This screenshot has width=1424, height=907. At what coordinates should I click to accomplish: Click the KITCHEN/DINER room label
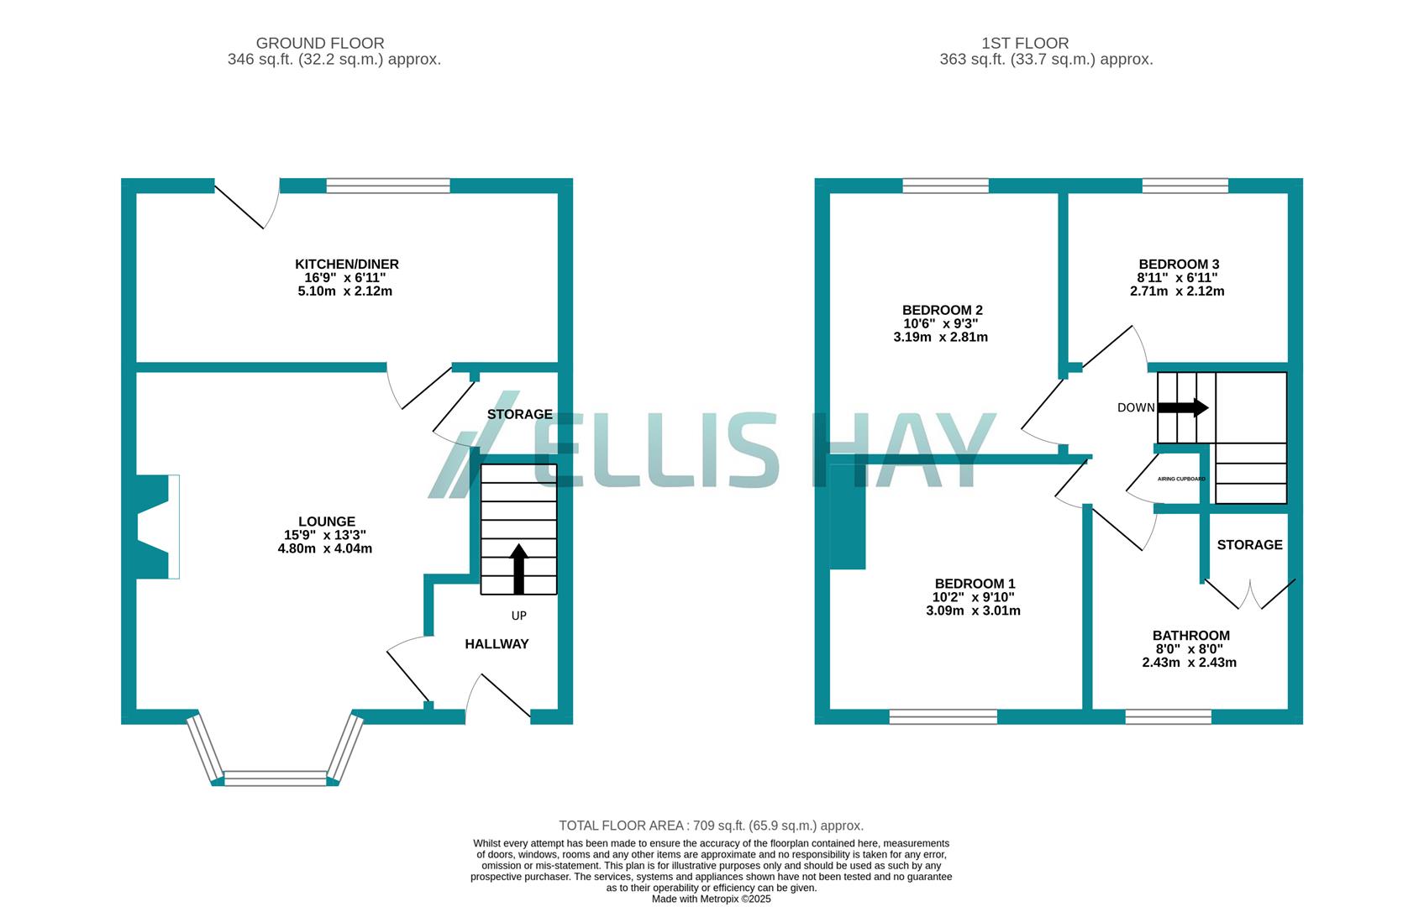point(346,265)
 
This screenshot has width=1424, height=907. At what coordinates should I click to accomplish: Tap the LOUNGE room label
point(326,522)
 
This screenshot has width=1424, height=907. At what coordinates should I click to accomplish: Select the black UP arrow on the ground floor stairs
point(518,569)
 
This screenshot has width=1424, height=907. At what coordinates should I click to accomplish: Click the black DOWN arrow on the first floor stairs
point(1183,408)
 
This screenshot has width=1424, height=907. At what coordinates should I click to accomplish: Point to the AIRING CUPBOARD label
point(1181,479)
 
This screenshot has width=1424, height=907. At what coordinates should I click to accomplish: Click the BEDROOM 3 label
point(1178,265)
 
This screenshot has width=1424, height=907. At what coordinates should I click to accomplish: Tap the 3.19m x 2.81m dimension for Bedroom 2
point(940,338)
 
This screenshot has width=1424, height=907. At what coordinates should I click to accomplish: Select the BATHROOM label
point(1190,636)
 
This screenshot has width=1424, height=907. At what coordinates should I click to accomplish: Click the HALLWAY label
point(497,644)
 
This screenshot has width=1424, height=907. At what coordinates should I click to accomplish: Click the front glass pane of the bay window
point(275,778)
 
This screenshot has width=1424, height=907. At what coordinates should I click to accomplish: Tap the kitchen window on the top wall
point(387,186)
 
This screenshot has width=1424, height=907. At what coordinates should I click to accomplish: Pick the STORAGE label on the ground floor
point(519,414)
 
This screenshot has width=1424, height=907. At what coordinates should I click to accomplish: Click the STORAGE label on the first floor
point(1249,545)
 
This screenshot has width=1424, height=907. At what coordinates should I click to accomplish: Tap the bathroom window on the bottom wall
point(1168,716)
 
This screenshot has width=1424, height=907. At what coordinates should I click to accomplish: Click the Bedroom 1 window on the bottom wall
point(943,716)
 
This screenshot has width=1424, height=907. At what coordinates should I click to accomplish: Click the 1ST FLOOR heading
point(1025,43)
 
